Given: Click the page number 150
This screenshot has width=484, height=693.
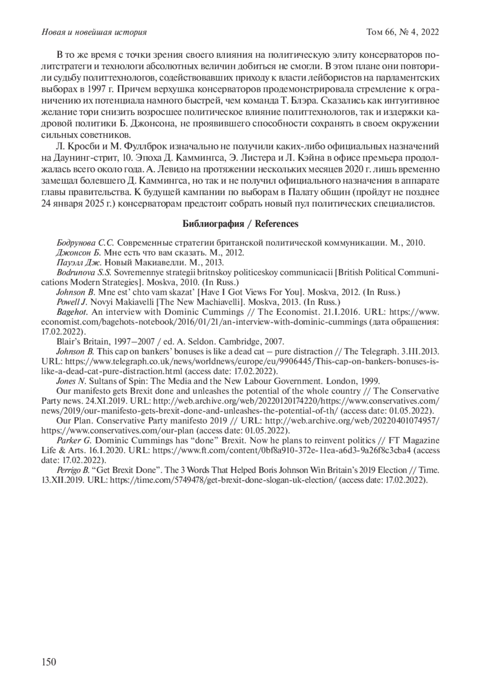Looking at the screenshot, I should point(49,662).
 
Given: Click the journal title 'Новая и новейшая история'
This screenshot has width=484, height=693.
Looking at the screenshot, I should point(94,32).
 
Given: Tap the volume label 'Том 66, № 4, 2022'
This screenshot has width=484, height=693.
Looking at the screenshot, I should point(402,32).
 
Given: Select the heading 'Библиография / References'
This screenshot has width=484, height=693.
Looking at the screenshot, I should point(240,224).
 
